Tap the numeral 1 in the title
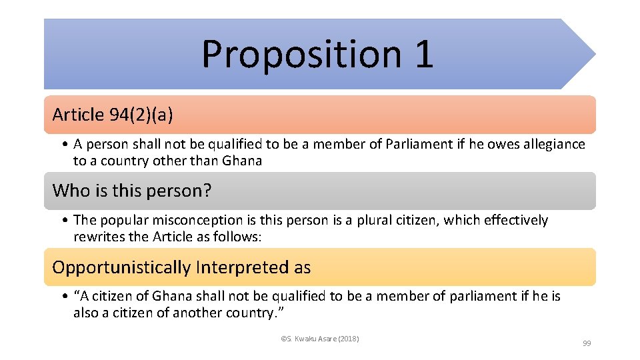pos(423,55)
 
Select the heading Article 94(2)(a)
pos(113,115)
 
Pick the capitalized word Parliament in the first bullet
pos(417,144)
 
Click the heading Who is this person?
pos(132,191)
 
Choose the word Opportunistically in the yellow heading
pos(121,267)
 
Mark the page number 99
pos(587,343)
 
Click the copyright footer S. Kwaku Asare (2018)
pos(320,339)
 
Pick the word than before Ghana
pos(205,161)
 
